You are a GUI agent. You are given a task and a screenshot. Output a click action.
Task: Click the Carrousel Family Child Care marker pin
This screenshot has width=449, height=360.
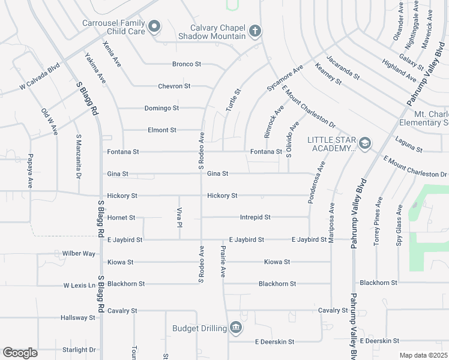click(x=155, y=26)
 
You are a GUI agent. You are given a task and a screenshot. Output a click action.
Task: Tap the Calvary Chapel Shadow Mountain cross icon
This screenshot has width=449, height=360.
click(x=255, y=31)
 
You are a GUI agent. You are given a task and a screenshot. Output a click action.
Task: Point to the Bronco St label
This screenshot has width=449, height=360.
click(x=186, y=64)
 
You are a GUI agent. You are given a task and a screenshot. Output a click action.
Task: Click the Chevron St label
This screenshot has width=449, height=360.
click(x=174, y=86)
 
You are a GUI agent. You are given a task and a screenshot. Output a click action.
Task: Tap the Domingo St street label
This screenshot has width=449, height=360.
click(x=161, y=108)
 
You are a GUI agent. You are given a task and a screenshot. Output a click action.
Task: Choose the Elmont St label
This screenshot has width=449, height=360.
click(x=162, y=130)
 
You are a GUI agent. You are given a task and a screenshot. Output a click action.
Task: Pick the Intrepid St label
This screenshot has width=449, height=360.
click(x=255, y=217)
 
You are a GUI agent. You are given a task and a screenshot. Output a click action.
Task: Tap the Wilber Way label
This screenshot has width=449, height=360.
click(x=79, y=253)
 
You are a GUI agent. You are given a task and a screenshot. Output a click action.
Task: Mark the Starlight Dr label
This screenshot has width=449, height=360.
click(x=79, y=350)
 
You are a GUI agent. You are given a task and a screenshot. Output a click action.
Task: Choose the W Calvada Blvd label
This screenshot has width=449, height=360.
click(x=40, y=77)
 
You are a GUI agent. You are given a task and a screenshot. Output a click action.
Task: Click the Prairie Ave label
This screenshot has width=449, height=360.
click(x=223, y=261)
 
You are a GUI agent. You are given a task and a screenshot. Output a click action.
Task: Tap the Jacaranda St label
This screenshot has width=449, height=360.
click(x=343, y=68)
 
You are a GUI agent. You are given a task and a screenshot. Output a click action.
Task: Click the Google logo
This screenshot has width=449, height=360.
click(x=20, y=353)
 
